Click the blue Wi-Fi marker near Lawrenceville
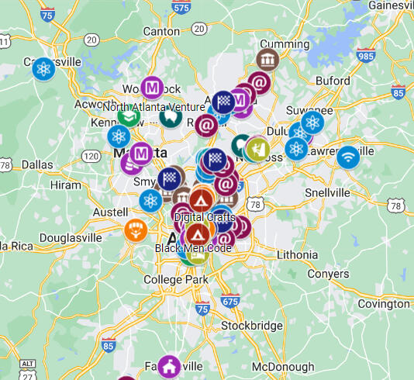click(347, 157)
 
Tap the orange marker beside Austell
click(135, 230)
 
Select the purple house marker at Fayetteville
click(170, 366)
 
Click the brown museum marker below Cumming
click(267, 60)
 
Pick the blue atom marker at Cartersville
click(43, 68)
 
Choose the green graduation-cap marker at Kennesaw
click(129, 117)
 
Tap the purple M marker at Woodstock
click(152, 86)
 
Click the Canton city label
click(161, 30)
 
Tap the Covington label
click(383, 304)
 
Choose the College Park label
click(176, 279)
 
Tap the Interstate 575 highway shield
click(181, 7)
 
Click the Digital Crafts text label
click(205, 217)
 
